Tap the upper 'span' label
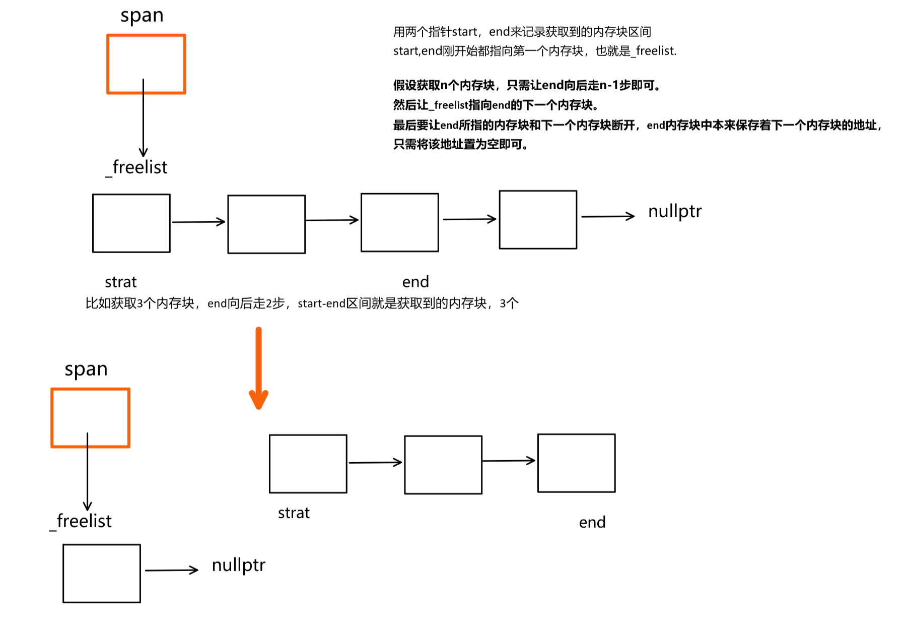(142, 16)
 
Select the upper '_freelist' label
(137, 167)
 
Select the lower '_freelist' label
(81, 521)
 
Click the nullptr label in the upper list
(674, 211)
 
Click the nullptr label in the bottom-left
(238, 565)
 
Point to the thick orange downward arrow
(258, 368)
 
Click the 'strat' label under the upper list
(120, 282)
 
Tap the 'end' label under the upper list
(415, 282)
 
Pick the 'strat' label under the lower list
(294, 513)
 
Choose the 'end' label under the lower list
(592, 523)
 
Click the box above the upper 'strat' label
(131, 223)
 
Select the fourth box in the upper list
(538, 220)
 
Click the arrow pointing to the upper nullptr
(607, 216)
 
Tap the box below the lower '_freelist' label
(102, 573)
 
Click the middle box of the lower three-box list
(443, 465)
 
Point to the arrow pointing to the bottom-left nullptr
(172, 570)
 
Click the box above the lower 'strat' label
(308, 464)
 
